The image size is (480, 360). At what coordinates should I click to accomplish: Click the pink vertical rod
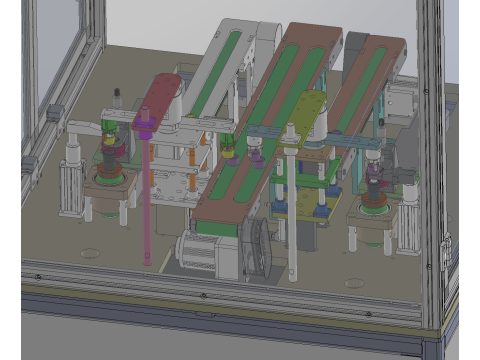pyautogui.click(x=148, y=200)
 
